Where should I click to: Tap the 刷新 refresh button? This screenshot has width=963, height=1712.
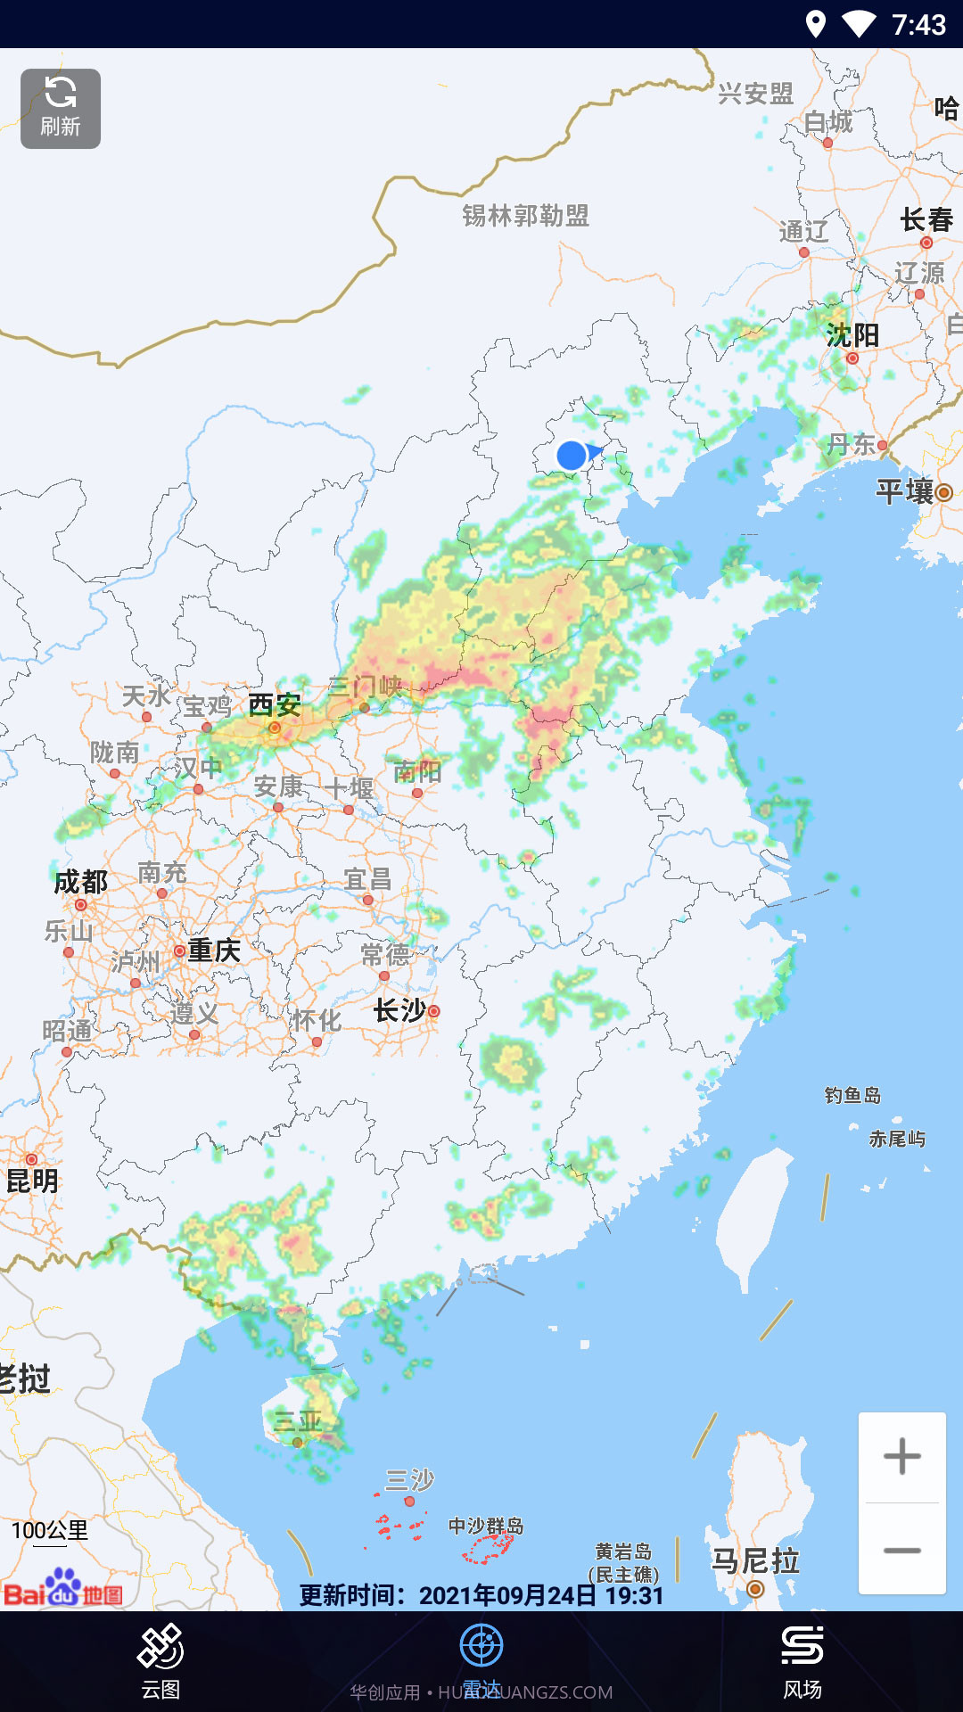pos(61,109)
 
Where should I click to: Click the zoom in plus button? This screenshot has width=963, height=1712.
pos(901,1457)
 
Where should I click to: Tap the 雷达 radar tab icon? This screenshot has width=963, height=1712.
pos(481,1646)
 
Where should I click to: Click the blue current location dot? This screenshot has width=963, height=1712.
pos(572,456)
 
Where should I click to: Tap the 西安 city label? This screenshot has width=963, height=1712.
pos(274,705)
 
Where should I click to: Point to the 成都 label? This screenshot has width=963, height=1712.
pos(80,882)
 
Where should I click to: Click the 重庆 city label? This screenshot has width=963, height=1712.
pos(214,951)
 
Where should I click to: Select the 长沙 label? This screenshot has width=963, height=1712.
pos(399,1010)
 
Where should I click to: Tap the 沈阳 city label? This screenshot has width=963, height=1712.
pos(852,335)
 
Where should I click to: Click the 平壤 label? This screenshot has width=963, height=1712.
pos(904,491)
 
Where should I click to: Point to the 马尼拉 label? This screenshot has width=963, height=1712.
pos(755,1561)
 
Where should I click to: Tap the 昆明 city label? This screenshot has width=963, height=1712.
pos(32,1181)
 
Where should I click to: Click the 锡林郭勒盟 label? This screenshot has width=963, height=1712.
pos(525,216)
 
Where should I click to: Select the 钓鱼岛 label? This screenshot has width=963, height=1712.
pos(852,1095)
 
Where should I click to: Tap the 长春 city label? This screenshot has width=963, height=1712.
pos(926,219)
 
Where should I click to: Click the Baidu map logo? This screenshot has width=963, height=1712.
pos(63,1589)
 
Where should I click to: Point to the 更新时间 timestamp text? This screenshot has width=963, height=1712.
pos(481,1595)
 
